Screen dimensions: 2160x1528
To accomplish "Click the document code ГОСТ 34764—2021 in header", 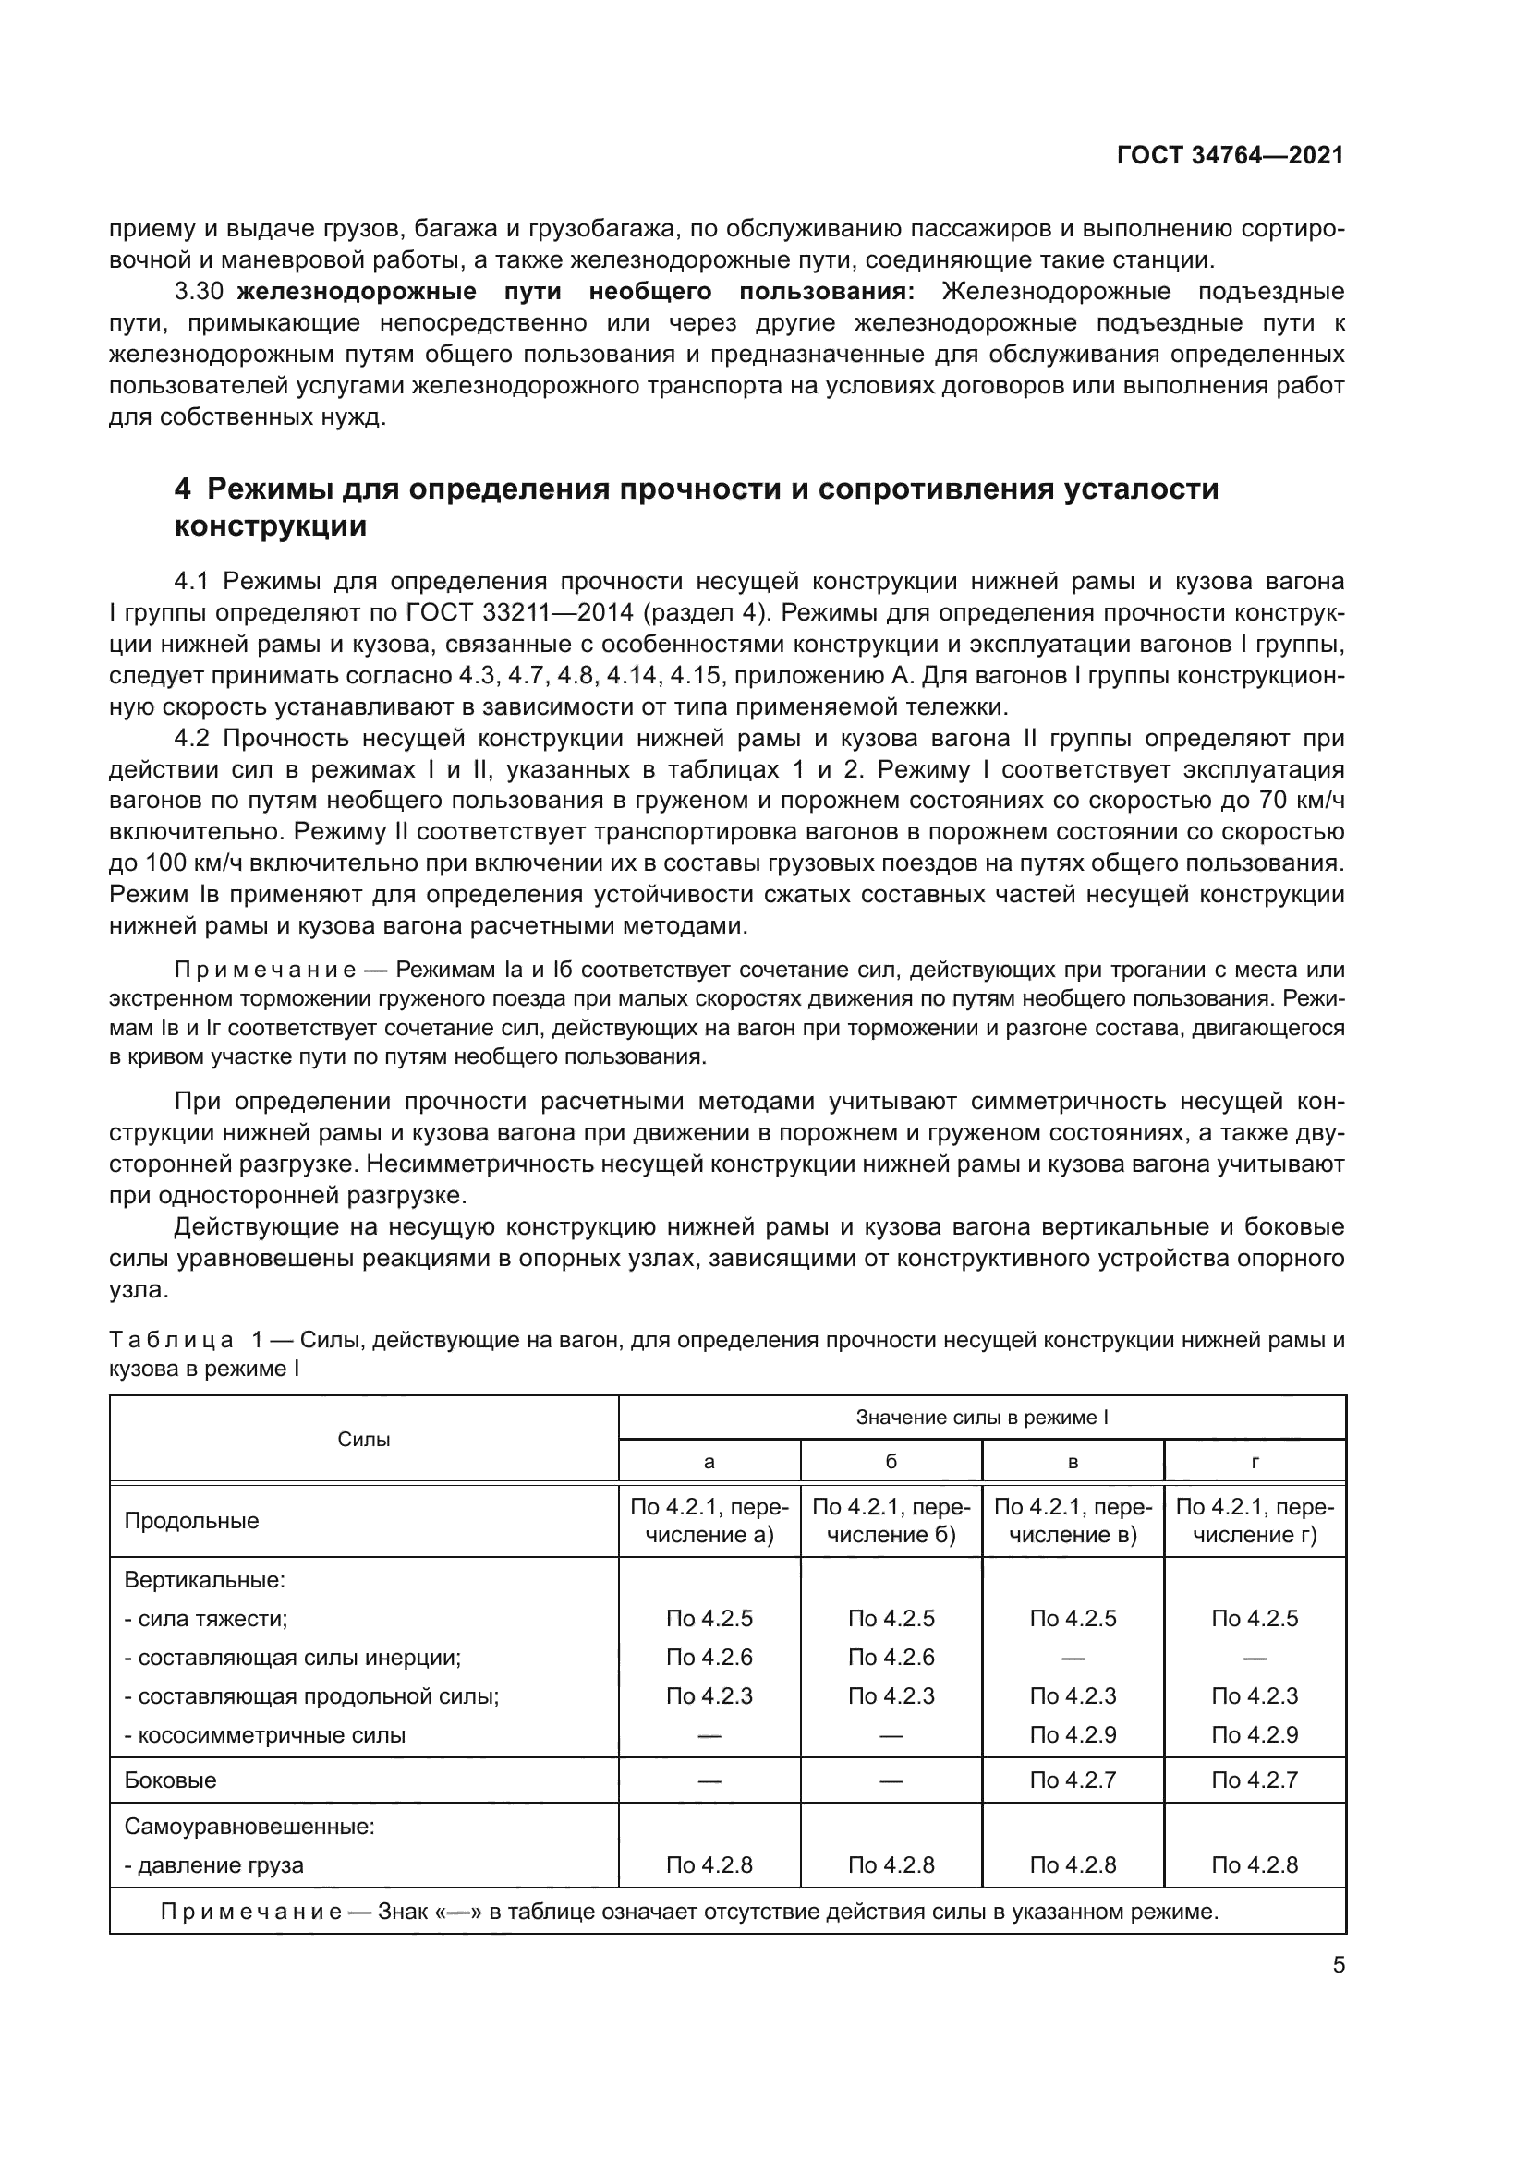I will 1230,155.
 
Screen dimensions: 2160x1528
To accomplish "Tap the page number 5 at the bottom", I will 1339,1964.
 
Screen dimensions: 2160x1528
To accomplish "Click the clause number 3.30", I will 198,291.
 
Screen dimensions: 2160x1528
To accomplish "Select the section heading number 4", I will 183,489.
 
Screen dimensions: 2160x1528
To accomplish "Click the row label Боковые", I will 170,1780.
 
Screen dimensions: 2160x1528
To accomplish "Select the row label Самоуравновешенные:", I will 249,1827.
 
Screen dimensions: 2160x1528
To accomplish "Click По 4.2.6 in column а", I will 709,1657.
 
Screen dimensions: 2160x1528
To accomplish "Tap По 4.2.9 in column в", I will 1073,1735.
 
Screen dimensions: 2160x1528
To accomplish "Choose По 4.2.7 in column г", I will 1255,1780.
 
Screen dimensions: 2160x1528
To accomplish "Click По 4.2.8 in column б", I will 891,1864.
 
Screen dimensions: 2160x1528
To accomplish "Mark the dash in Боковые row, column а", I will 709,1780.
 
